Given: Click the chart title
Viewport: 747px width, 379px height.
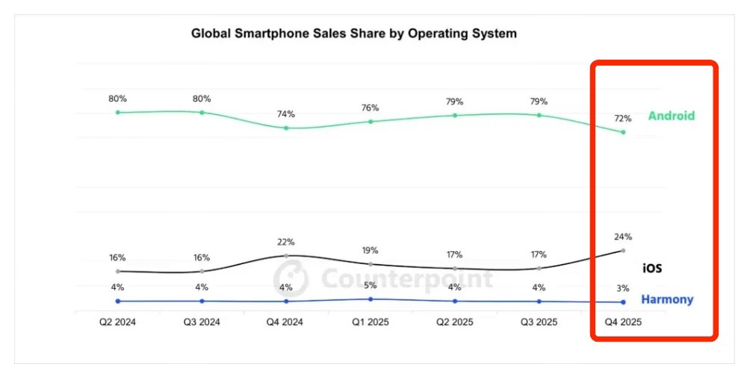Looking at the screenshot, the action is pyautogui.click(x=354, y=34).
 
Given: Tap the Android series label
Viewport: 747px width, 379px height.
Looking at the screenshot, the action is pyautogui.click(x=672, y=116).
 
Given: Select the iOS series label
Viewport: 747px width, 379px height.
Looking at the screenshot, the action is pyautogui.click(x=652, y=268).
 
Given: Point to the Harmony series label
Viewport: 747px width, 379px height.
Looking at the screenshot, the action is pyautogui.click(x=667, y=300).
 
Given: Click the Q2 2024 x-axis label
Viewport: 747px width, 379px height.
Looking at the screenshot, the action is pyautogui.click(x=117, y=322).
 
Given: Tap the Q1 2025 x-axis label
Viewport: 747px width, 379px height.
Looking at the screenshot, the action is pyautogui.click(x=371, y=322).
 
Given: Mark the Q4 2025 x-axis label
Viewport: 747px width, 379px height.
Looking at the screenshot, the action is pyautogui.click(x=623, y=322).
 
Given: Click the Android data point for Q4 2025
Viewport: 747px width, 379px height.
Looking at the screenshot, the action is pyautogui.click(x=623, y=132).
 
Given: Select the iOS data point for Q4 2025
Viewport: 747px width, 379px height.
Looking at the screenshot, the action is pyautogui.click(x=623, y=251).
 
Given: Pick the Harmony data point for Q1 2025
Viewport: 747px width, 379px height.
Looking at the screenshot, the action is pyautogui.click(x=371, y=299).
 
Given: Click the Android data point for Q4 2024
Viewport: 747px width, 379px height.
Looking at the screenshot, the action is pyautogui.click(x=286, y=128).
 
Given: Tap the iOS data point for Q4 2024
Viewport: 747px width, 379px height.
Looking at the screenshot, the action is pyautogui.click(x=286, y=256).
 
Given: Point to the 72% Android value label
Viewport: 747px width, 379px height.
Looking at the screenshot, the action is pyautogui.click(x=623, y=119).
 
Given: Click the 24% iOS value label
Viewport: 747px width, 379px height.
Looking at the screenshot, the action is pyautogui.click(x=623, y=237).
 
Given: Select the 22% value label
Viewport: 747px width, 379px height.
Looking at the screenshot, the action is pyautogui.click(x=286, y=242).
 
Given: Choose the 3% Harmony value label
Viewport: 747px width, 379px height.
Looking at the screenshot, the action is pyautogui.click(x=623, y=288).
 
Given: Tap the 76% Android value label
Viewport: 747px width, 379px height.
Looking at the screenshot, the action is pyautogui.click(x=371, y=108).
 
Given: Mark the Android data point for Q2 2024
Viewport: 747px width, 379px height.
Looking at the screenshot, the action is pyautogui.click(x=118, y=112).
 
